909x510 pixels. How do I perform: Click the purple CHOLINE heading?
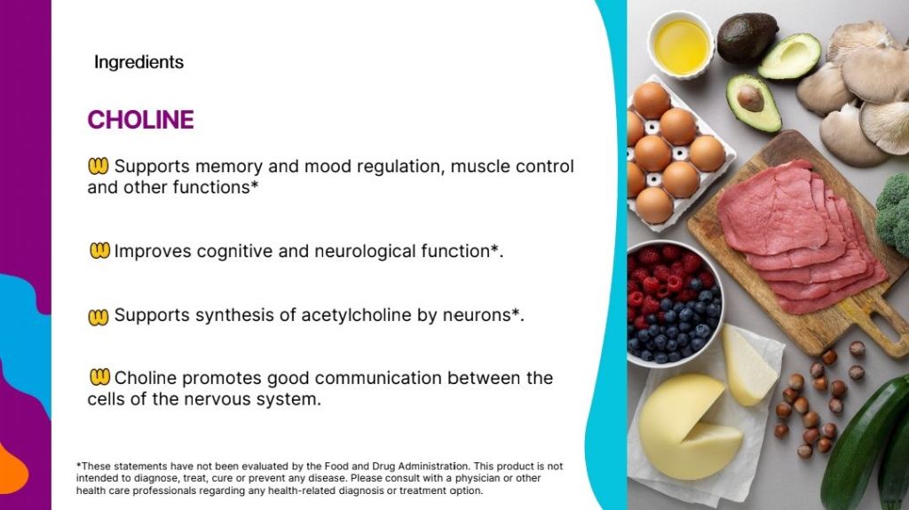[x=141, y=120]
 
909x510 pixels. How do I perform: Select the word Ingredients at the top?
[x=138, y=62]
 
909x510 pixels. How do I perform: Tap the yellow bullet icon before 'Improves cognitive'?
[x=99, y=250]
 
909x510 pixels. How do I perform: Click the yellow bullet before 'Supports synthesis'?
[x=98, y=317]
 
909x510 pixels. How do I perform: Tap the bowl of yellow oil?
[x=681, y=44]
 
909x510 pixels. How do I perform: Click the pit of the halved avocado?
[x=750, y=98]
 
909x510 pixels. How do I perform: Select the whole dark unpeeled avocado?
[x=747, y=37]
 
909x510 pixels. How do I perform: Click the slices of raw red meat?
[x=800, y=235]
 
